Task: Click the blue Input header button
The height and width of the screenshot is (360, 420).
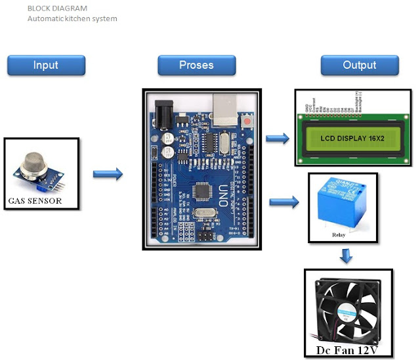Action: point(46,65)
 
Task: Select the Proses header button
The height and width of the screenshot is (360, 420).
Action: point(196,65)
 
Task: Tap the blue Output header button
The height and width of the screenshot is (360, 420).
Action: point(360,65)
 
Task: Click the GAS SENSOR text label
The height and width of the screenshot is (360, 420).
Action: point(35,200)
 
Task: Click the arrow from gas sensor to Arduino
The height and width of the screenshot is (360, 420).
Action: point(108,174)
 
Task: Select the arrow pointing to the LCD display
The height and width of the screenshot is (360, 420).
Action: point(277,138)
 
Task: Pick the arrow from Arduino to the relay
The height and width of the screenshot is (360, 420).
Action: point(283,200)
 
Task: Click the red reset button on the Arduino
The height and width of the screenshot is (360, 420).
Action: point(247,123)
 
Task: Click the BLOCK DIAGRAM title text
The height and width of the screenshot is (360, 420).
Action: point(57,9)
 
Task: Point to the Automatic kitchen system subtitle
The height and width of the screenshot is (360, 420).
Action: point(72,18)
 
